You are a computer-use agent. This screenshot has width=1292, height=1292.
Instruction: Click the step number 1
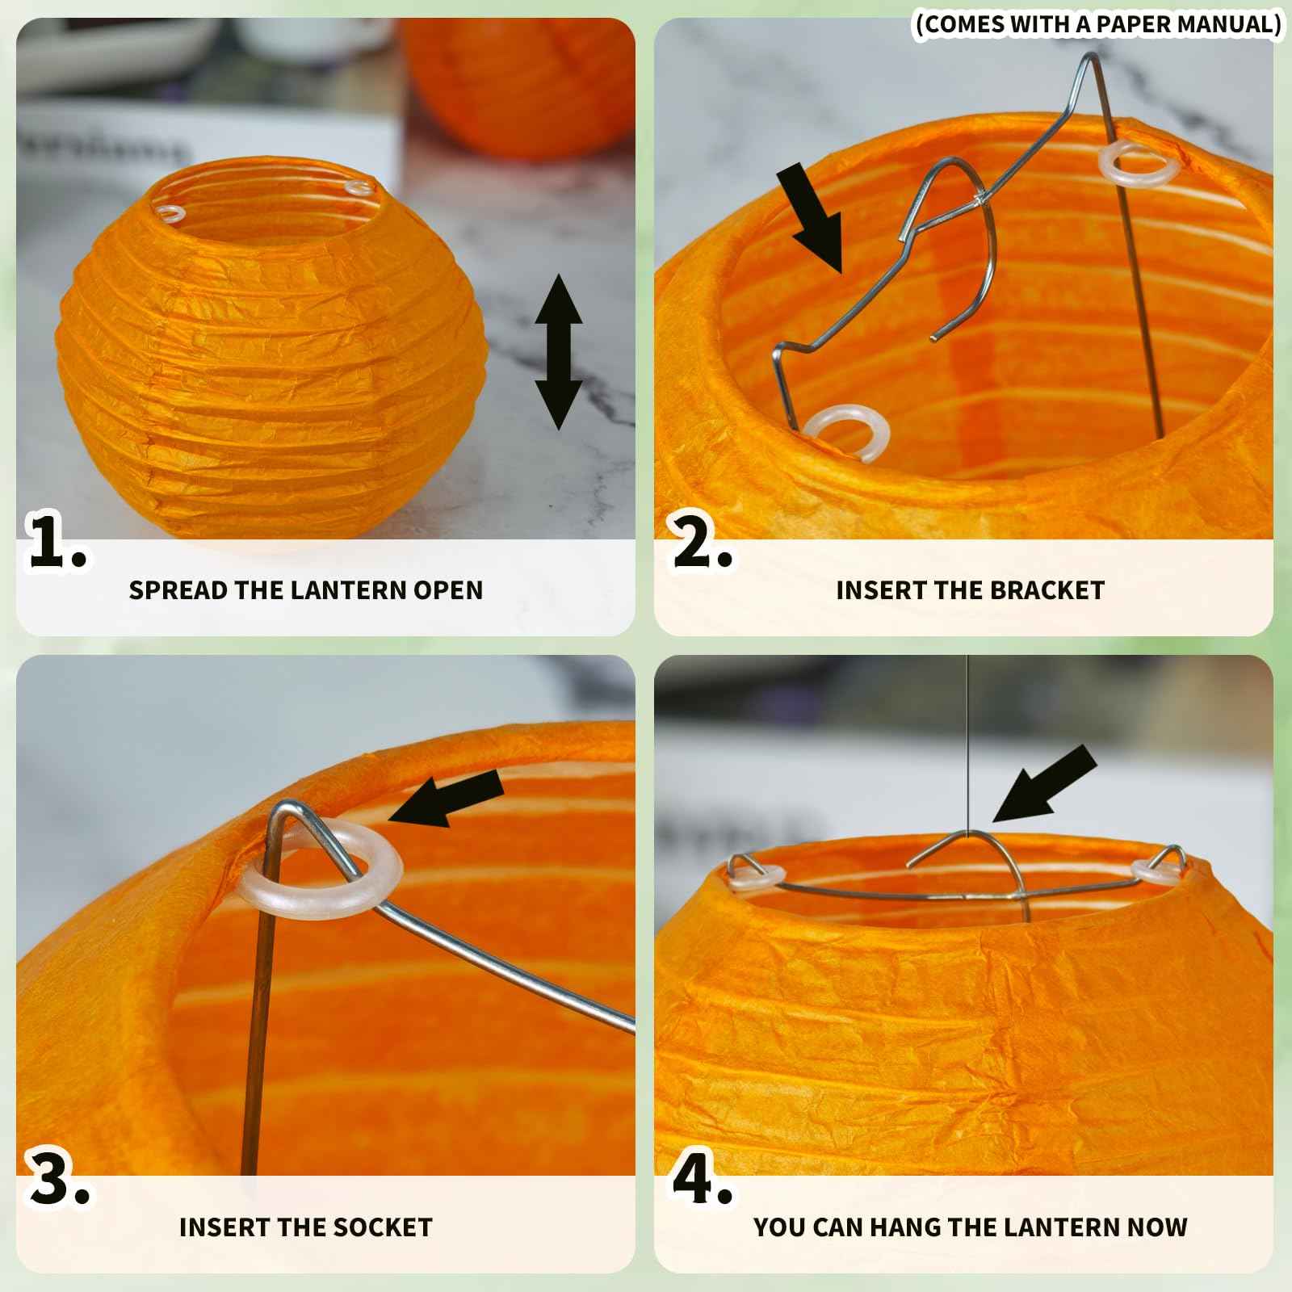[x=57, y=540]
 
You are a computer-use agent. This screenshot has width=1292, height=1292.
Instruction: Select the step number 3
[x=59, y=1179]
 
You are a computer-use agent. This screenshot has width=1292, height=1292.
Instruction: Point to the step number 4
[x=703, y=1179]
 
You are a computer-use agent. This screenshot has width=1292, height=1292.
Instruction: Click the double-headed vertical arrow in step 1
[x=558, y=352]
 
